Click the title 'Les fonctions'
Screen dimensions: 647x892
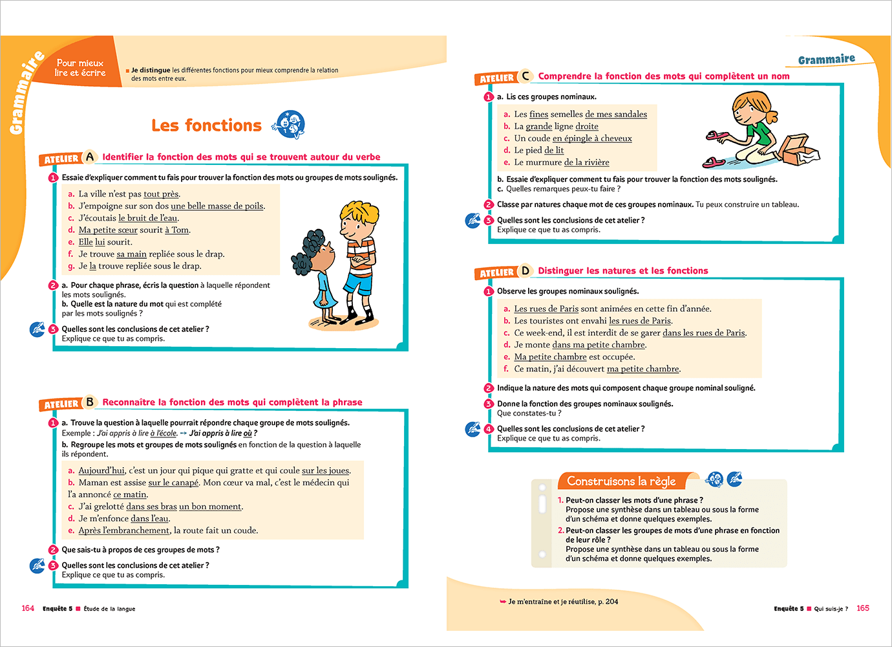coord(206,126)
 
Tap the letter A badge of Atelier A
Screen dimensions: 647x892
coord(90,157)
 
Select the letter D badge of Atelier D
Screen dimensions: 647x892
coord(525,270)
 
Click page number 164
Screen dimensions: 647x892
coord(28,608)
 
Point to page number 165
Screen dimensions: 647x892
coord(863,608)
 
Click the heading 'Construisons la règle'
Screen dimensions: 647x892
coord(621,481)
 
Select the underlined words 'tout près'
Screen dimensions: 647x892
coord(161,194)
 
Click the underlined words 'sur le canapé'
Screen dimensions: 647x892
coord(173,483)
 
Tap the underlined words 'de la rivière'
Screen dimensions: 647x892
coord(586,162)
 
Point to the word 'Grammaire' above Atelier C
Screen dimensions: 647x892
coord(826,60)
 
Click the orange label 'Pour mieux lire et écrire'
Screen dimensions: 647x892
coord(80,68)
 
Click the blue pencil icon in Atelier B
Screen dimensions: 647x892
coord(37,565)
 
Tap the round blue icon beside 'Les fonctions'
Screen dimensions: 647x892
coord(288,124)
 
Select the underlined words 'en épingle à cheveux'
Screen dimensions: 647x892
coord(592,138)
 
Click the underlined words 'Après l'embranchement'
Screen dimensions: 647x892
coord(123,531)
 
